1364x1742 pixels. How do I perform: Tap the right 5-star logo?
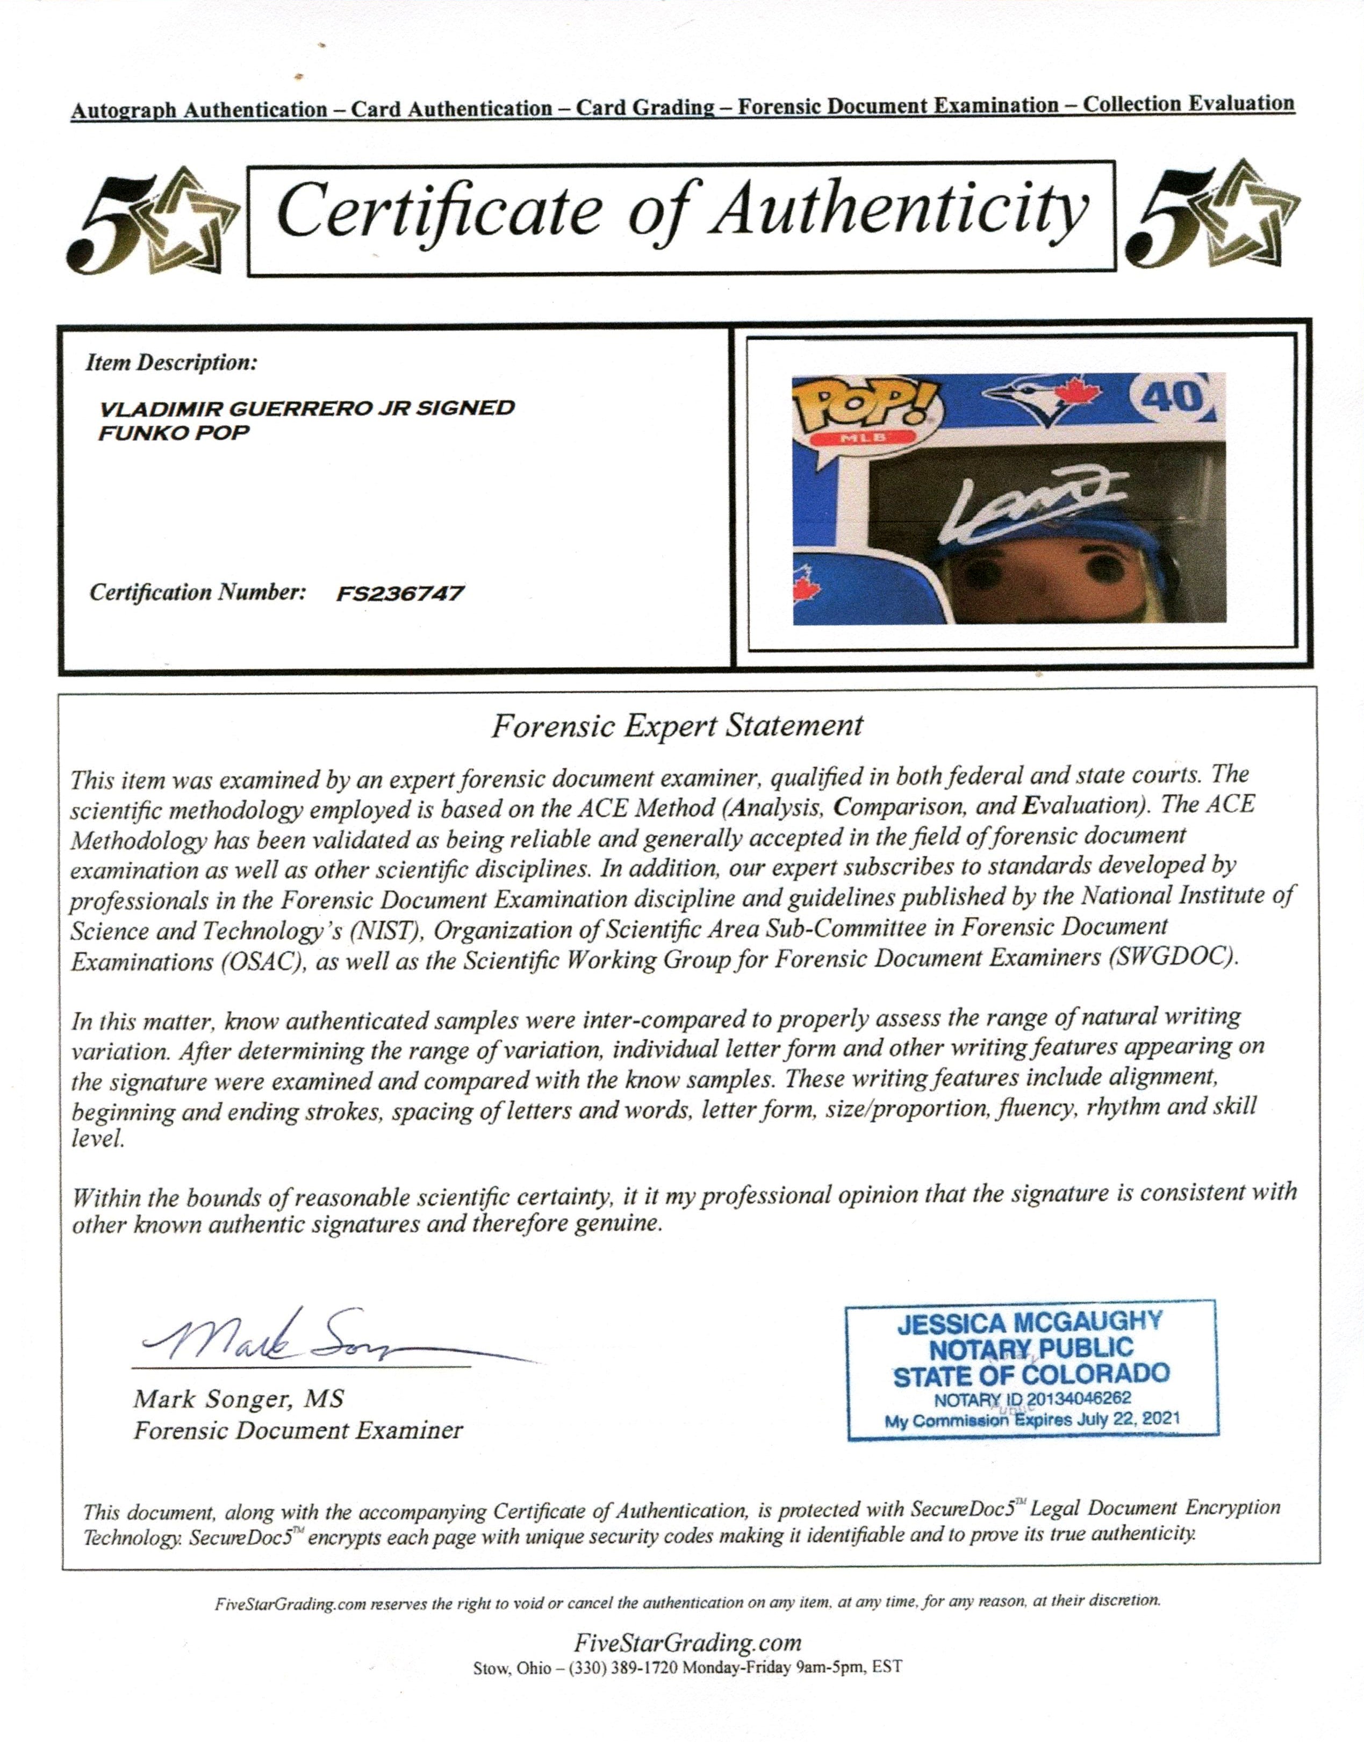(x=1212, y=216)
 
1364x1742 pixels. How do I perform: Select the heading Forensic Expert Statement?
(x=677, y=725)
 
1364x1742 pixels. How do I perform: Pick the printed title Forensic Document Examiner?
(x=298, y=1430)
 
